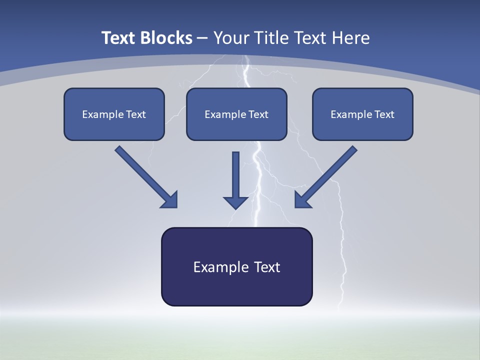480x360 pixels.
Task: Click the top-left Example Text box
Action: (114, 114)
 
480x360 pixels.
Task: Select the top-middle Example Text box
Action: (236, 114)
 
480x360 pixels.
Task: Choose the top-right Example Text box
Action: (362, 114)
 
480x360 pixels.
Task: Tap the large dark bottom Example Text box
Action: (236, 266)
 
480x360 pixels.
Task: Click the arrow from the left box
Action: (145, 175)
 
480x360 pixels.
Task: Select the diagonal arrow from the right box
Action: (327, 175)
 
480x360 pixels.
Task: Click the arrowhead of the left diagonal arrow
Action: (170, 200)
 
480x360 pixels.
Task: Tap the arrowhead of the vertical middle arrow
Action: (235, 201)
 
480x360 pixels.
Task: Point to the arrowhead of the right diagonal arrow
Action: (302, 200)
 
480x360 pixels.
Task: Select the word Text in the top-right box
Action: (383, 114)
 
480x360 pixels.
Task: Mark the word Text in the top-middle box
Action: (257, 114)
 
